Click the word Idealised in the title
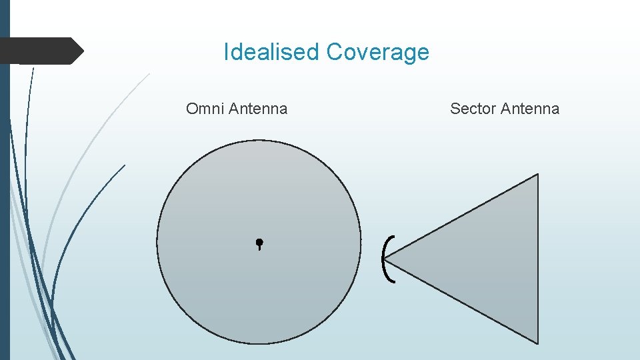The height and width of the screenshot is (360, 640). (x=272, y=52)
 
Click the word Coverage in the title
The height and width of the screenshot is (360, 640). (x=378, y=52)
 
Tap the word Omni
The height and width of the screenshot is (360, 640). (x=205, y=109)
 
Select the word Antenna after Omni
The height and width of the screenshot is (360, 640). (x=258, y=109)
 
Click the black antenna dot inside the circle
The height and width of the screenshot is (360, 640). (x=259, y=243)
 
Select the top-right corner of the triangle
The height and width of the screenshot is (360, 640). (x=537, y=175)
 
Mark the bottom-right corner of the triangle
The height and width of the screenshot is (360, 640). (x=537, y=343)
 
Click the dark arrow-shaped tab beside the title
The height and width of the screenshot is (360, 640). (x=40, y=51)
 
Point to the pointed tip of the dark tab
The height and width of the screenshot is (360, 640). (x=83, y=51)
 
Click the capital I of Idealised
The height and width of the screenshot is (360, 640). (x=226, y=52)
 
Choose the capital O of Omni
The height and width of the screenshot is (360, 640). (x=192, y=109)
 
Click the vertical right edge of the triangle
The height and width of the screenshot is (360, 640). (x=537, y=260)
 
